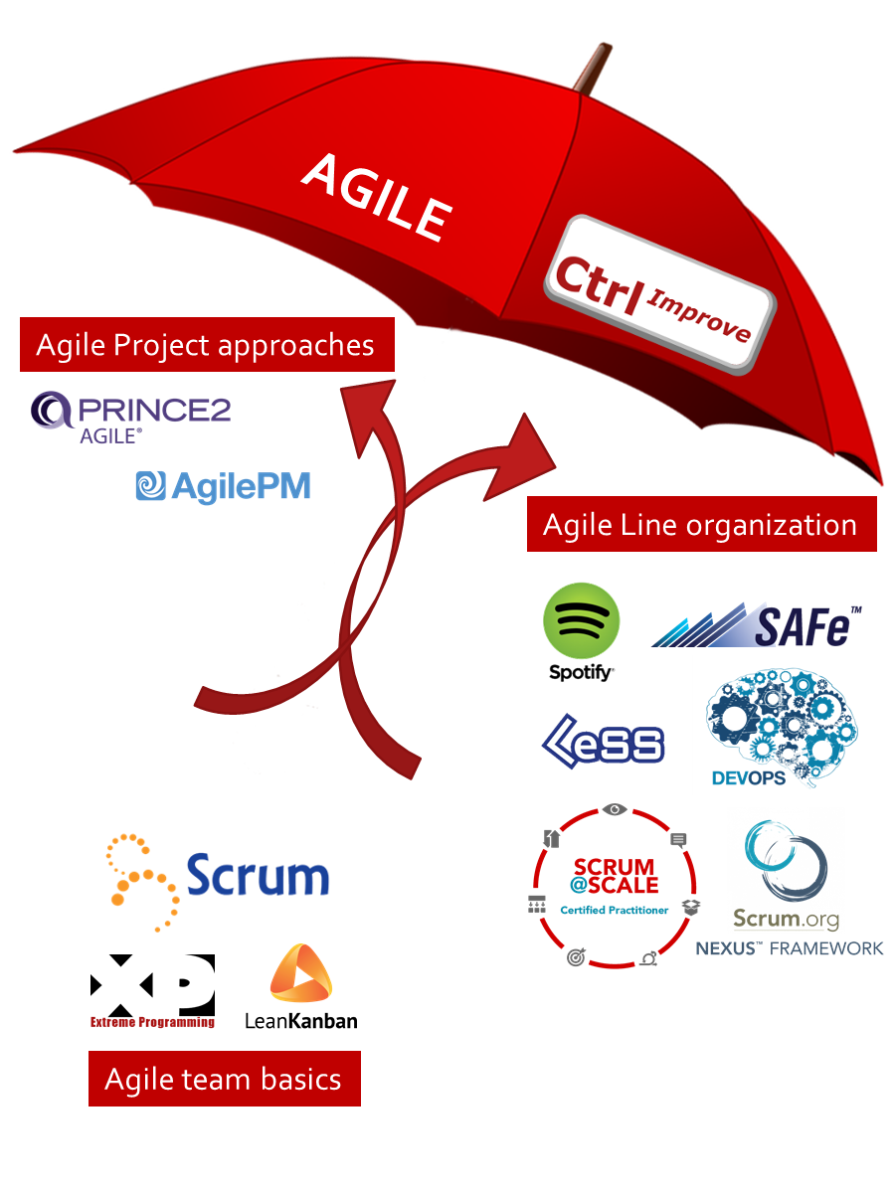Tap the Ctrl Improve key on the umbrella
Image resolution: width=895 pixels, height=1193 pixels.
(x=659, y=294)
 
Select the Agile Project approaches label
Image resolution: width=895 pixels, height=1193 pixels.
(x=206, y=345)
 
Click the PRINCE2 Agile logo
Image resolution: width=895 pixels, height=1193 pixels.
(x=130, y=416)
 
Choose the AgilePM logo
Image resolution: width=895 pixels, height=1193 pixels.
(x=223, y=485)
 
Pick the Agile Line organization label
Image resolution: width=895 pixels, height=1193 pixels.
(x=700, y=524)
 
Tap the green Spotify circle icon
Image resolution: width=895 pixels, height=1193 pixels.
(x=581, y=620)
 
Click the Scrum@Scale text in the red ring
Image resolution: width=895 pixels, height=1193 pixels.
(x=614, y=877)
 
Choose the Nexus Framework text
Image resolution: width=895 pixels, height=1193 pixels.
(x=790, y=947)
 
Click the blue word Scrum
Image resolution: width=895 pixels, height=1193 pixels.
(x=258, y=877)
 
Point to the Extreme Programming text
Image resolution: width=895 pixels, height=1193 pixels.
(x=152, y=1021)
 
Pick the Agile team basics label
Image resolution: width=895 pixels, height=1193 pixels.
(x=224, y=1079)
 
